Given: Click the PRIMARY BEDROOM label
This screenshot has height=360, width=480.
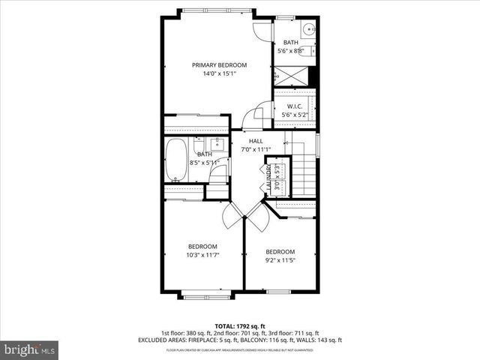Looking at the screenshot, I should [x=219, y=64].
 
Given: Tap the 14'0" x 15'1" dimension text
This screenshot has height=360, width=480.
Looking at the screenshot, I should [x=219, y=74].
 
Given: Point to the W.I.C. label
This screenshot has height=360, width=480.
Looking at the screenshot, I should [x=294, y=106].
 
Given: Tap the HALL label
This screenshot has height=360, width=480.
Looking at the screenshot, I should [x=256, y=140].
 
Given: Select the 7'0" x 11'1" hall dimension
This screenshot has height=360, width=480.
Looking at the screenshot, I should [x=256, y=149].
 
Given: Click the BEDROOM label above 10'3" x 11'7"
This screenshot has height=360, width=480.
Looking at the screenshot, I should [x=202, y=247].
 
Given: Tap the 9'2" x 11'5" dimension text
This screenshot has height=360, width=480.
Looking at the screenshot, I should [x=280, y=261].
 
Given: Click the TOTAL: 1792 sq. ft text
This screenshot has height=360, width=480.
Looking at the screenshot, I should [x=240, y=325].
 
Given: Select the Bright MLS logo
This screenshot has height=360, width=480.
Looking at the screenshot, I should [x=30, y=349].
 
